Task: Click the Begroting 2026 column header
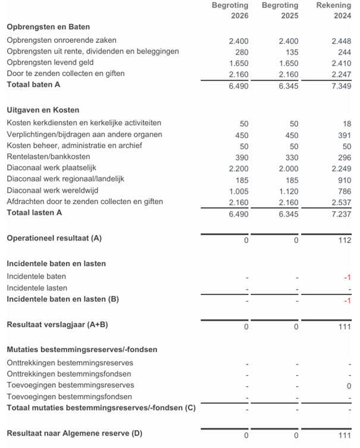click(x=230, y=11)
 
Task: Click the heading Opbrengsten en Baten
click(x=48, y=27)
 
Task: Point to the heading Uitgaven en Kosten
click(x=43, y=110)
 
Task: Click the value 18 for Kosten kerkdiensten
click(x=346, y=123)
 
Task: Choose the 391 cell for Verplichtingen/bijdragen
click(x=344, y=134)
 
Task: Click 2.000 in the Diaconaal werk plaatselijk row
click(x=289, y=168)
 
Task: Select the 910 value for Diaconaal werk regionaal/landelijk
click(x=344, y=179)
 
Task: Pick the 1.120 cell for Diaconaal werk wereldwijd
click(x=289, y=190)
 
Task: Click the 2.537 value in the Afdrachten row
click(x=341, y=202)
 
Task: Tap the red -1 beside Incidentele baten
click(x=347, y=277)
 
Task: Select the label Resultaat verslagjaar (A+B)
click(x=57, y=324)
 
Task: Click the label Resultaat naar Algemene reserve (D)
click(x=74, y=433)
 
